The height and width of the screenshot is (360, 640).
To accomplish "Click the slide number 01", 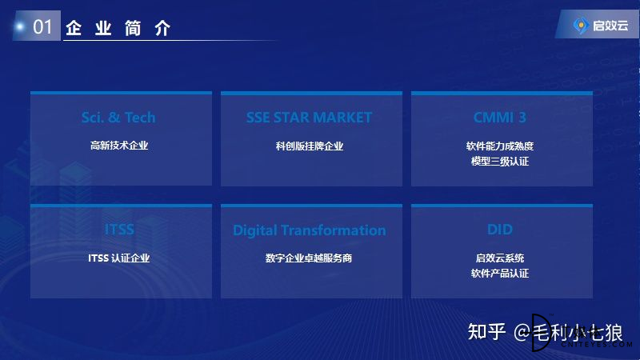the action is (x=42, y=27).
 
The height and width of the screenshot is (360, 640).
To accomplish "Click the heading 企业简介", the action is (x=118, y=28).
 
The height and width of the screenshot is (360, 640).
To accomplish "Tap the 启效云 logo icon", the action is (x=581, y=26).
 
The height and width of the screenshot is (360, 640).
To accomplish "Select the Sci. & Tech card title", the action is (x=118, y=118).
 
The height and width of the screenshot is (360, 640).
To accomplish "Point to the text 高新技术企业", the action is (x=119, y=146).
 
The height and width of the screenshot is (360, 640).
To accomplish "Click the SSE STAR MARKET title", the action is (x=309, y=118).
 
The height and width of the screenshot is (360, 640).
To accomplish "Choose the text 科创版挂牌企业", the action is (x=310, y=146).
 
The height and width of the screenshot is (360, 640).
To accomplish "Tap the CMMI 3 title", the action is (x=499, y=118).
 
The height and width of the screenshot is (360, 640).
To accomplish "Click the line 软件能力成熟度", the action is (x=500, y=146).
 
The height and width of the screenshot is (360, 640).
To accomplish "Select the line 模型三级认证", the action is (x=500, y=162).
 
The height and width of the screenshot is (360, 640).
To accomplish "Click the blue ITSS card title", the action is (x=119, y=230).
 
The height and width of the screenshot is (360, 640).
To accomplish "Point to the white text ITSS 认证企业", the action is (x=118, y=258).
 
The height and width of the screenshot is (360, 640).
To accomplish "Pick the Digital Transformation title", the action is (x=310, y=230).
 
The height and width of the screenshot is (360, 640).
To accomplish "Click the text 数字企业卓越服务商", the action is (x=309, y=258).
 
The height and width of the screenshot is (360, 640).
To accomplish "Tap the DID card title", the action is (x=500, y=230).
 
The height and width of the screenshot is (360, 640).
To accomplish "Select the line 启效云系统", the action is (x=500, y=258).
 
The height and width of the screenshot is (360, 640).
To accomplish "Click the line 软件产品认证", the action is (x=500, y=273).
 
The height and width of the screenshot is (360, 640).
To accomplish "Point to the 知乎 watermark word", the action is (x=486, y=331).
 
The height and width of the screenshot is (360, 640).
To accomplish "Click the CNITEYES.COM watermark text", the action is (x=596, y=345).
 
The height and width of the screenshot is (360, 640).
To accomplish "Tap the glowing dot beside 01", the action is (x=19, y=27).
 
